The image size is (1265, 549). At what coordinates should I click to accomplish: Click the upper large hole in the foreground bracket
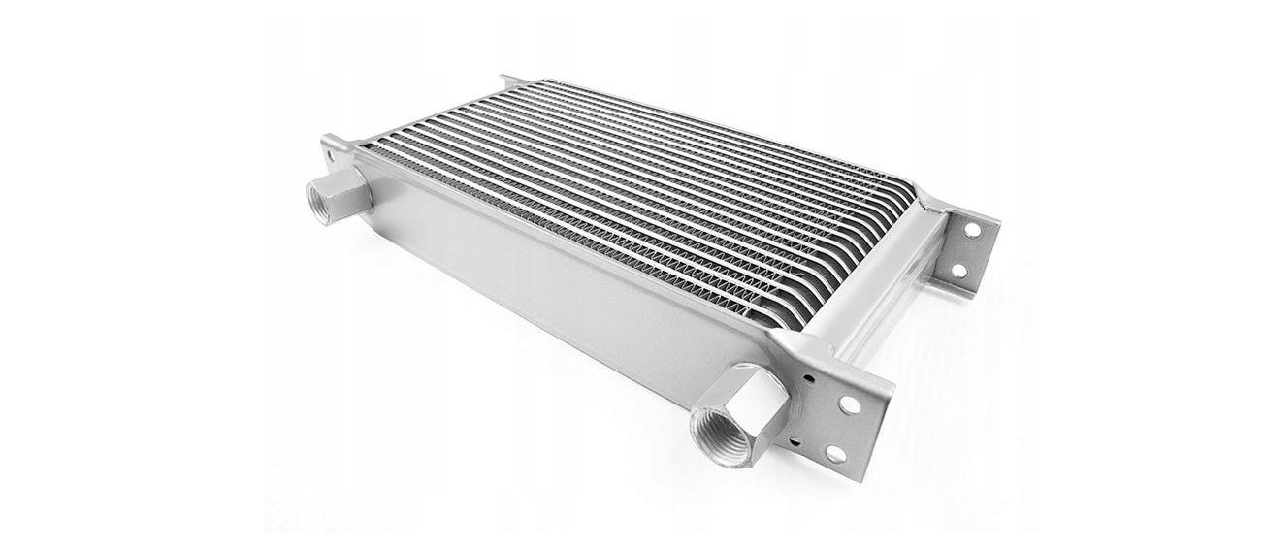tap(850, 404)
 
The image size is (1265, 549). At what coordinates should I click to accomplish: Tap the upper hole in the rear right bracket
tap(971, 230)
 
